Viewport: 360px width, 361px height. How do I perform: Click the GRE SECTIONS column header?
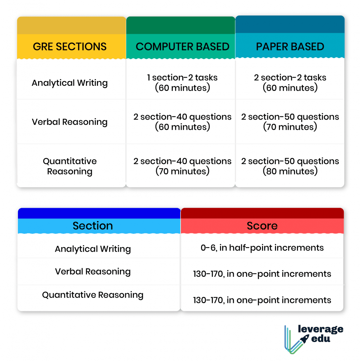[70, 47]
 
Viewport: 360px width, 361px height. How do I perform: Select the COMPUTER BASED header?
[182, 47]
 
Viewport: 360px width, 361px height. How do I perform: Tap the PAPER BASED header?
[290, 47]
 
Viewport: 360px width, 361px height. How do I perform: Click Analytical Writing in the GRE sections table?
[70, 83]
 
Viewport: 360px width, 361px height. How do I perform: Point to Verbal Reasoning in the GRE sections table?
[70, 122]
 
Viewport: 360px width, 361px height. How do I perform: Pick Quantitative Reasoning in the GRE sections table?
[70, 166]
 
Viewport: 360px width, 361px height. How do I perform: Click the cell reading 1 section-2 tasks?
[182, 82]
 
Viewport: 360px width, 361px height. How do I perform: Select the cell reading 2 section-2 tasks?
[290, 82]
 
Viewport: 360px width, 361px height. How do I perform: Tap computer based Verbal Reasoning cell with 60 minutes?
[182, 122]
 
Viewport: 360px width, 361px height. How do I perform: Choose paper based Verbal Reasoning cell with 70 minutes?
[290, 122]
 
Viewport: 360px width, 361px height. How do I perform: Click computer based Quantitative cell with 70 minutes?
[182, 166]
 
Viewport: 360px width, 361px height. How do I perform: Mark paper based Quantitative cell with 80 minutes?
[290, 166]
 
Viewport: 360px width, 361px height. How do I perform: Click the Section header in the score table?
[93, 226]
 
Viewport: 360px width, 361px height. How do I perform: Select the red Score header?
[262, 226]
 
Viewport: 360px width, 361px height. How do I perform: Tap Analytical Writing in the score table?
[93, 249]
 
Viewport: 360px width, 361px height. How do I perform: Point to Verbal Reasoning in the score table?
[93, 271]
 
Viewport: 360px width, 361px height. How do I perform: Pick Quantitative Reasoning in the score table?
[93, 295]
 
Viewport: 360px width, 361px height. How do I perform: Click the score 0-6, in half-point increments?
[262, 248]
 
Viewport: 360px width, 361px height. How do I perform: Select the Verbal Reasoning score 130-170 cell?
[262, 274]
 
